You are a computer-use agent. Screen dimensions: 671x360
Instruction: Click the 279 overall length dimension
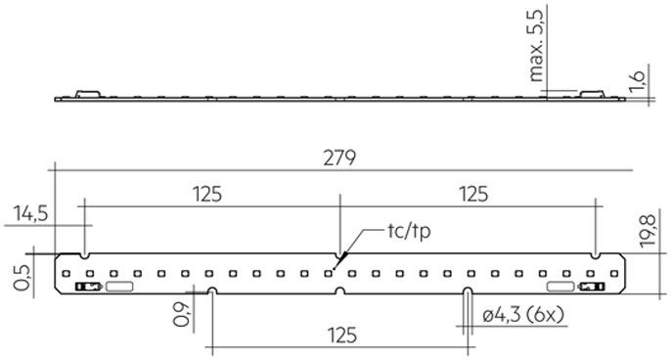[339, 157]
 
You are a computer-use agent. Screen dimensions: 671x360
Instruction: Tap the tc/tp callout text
[409, 232]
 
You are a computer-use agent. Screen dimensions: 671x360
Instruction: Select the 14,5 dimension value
[30, 213]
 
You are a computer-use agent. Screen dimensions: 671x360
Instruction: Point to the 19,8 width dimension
[649, 230]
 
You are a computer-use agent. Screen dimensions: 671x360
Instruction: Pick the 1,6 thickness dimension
[637, 81]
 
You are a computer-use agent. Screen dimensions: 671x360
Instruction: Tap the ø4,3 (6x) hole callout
[523, 315]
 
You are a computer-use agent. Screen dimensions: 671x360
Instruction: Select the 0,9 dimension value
[181, 314]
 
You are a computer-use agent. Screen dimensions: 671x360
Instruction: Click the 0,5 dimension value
[22, 278]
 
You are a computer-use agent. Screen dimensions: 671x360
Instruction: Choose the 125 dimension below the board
[342, 336]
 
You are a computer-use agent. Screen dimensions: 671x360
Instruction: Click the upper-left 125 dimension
[207, 194]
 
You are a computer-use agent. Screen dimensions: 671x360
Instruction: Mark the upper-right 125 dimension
[473, 194]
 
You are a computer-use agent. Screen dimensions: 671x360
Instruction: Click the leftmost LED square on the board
[66, 273]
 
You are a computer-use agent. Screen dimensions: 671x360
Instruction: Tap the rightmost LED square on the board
[614, 273]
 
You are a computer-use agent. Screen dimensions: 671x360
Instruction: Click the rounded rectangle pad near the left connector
[119, 287]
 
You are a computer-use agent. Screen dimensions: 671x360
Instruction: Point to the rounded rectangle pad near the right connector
[560, 287]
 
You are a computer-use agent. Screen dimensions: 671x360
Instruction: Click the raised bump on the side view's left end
[88, 94]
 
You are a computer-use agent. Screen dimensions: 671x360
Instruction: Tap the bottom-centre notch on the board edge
[339, 292]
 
